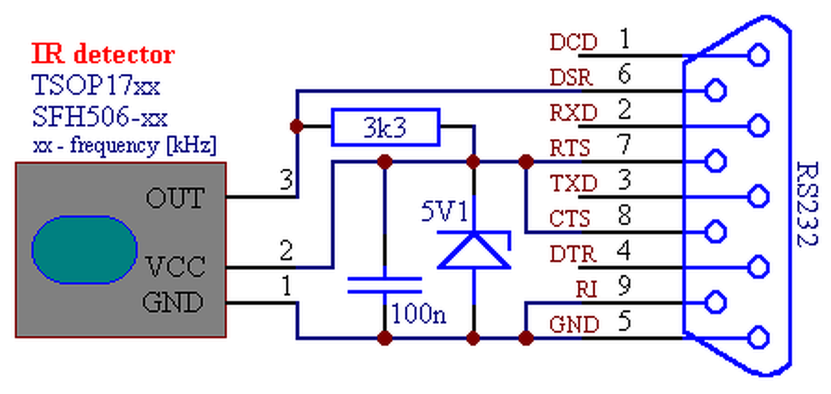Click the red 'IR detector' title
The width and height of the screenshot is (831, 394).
[x=103, y=54]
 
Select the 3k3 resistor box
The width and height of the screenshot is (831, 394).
[x=386, y=127]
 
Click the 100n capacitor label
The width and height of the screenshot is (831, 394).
[x=419, y=314]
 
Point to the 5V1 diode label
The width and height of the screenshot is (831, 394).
[x=445, y=212]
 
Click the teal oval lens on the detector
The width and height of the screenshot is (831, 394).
[x=84, y=250]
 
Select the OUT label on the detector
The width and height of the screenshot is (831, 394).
[x=175, y=198]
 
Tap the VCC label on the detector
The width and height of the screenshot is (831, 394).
[x=175, y=266]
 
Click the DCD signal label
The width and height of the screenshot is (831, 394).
[x=573, y=42]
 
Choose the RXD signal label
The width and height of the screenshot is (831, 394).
[x=573, y=112]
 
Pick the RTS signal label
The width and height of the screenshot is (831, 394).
[x=570, y=147]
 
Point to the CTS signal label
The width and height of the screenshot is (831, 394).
[x=570, y=218]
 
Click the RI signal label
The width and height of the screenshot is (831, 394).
[x=586, y=289]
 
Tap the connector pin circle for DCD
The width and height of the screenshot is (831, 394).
[x=758, y=56]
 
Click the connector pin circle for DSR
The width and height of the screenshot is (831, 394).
[x=715, y=90]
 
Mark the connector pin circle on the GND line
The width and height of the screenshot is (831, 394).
[x=758, y=338]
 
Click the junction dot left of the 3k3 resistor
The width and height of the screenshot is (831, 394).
[x=297, y=127]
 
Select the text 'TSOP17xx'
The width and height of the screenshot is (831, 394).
[x=95, y=85]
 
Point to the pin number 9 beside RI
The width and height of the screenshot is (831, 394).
[x=625, y=286]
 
